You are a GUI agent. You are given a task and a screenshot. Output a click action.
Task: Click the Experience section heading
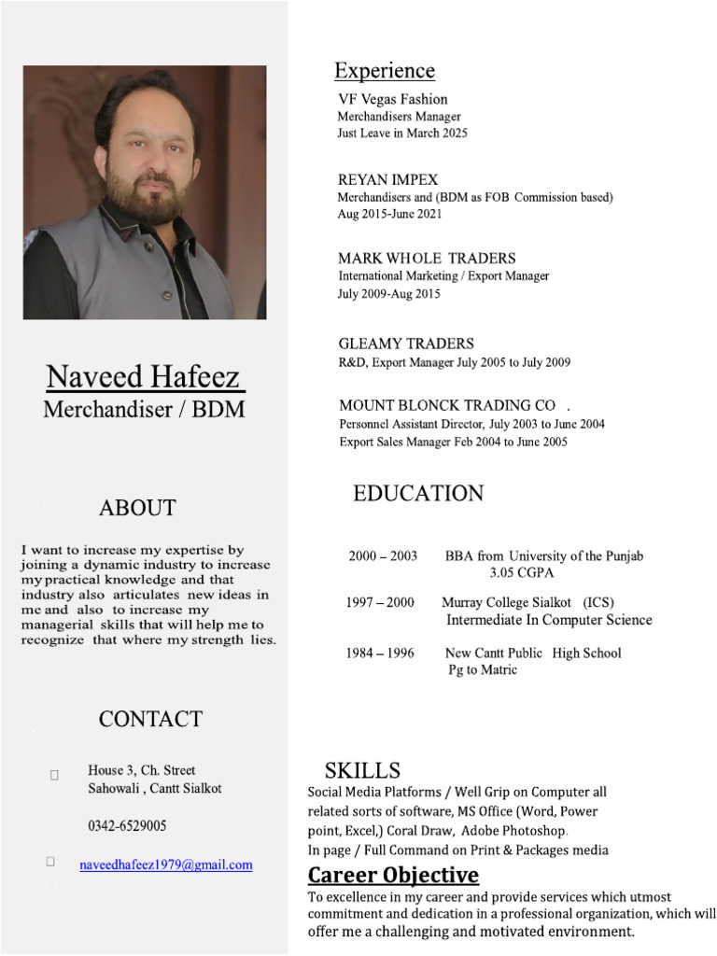[x=385, y=71]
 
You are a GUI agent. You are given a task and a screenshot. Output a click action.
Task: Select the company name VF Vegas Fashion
[x=392, y=99]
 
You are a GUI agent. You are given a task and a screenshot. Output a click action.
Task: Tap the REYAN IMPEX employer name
[x=387, y=179]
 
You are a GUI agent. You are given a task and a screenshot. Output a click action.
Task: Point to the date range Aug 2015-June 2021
[x=389, y=214]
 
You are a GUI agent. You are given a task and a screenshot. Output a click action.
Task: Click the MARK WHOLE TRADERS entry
[x=427, y=258]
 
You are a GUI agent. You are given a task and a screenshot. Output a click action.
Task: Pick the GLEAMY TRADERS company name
[x=406, y=344]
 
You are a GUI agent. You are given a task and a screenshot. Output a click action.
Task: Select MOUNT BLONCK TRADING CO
[x=447, y=405]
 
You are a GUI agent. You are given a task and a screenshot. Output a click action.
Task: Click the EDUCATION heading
[x=418, y=494]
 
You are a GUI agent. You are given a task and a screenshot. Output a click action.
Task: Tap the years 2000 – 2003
[x=383, y=555]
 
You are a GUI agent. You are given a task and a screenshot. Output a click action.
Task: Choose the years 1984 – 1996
[x=380, y=653]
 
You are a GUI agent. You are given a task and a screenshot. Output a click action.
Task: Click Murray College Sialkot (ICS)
[x=527, y=602]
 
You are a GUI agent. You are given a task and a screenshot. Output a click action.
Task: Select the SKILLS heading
[x=362, y=770]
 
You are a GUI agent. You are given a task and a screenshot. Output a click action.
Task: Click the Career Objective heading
[x=393, y=875]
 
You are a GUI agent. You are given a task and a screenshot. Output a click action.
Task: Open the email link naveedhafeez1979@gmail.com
[x=166, y=865]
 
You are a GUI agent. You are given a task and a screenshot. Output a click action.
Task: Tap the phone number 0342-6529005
[x=128, y=826]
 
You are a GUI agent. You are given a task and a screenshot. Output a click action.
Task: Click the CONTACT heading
[x=150, y=719]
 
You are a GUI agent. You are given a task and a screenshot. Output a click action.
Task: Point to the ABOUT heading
[x=137, y=508]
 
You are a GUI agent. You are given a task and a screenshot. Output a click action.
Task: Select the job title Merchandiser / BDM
[x=144, y=410]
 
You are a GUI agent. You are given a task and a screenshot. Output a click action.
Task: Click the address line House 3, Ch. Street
[x=142, y=770]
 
